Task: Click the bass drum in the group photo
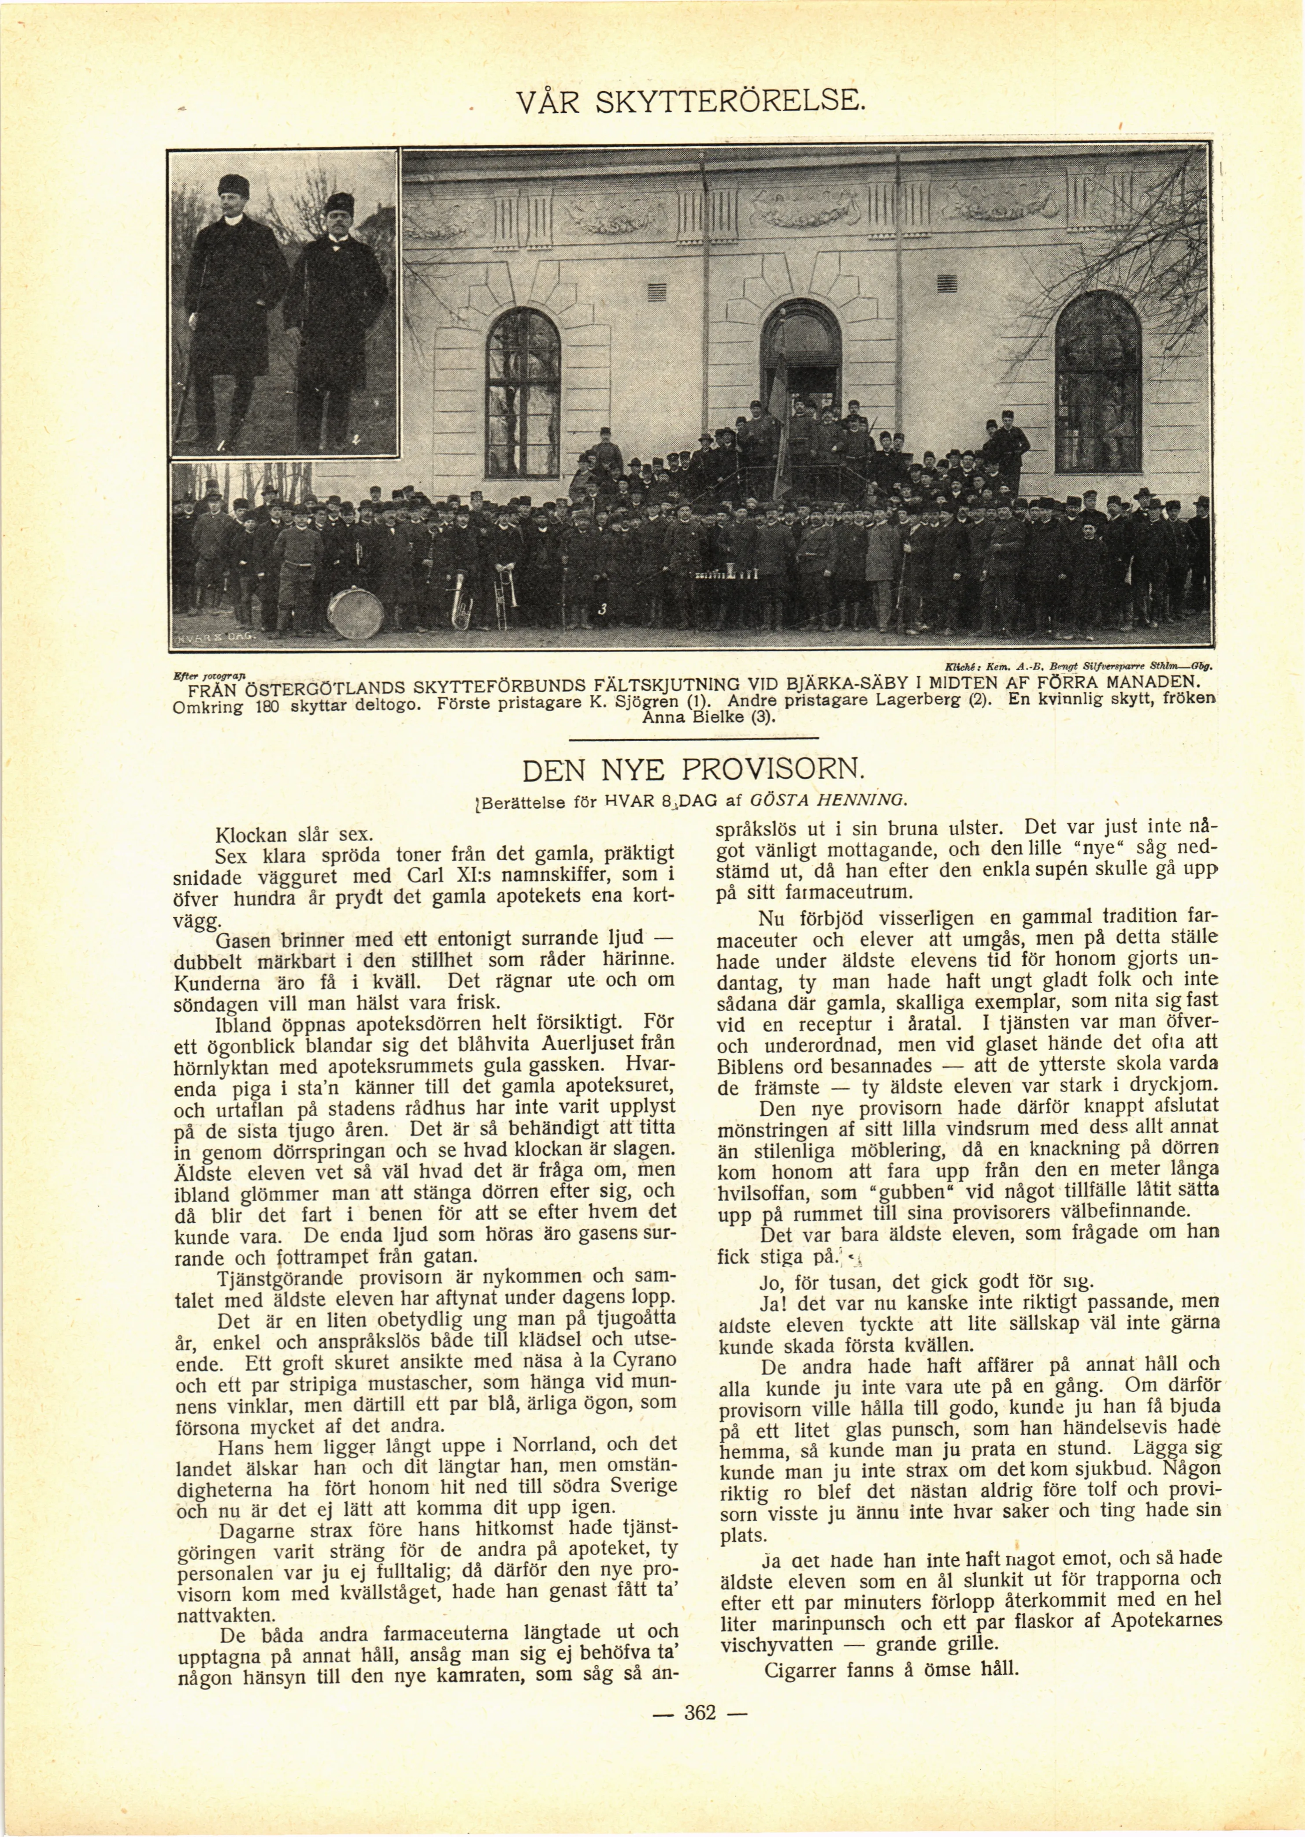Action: [355, 612]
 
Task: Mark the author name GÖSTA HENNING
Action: [828, 800]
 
